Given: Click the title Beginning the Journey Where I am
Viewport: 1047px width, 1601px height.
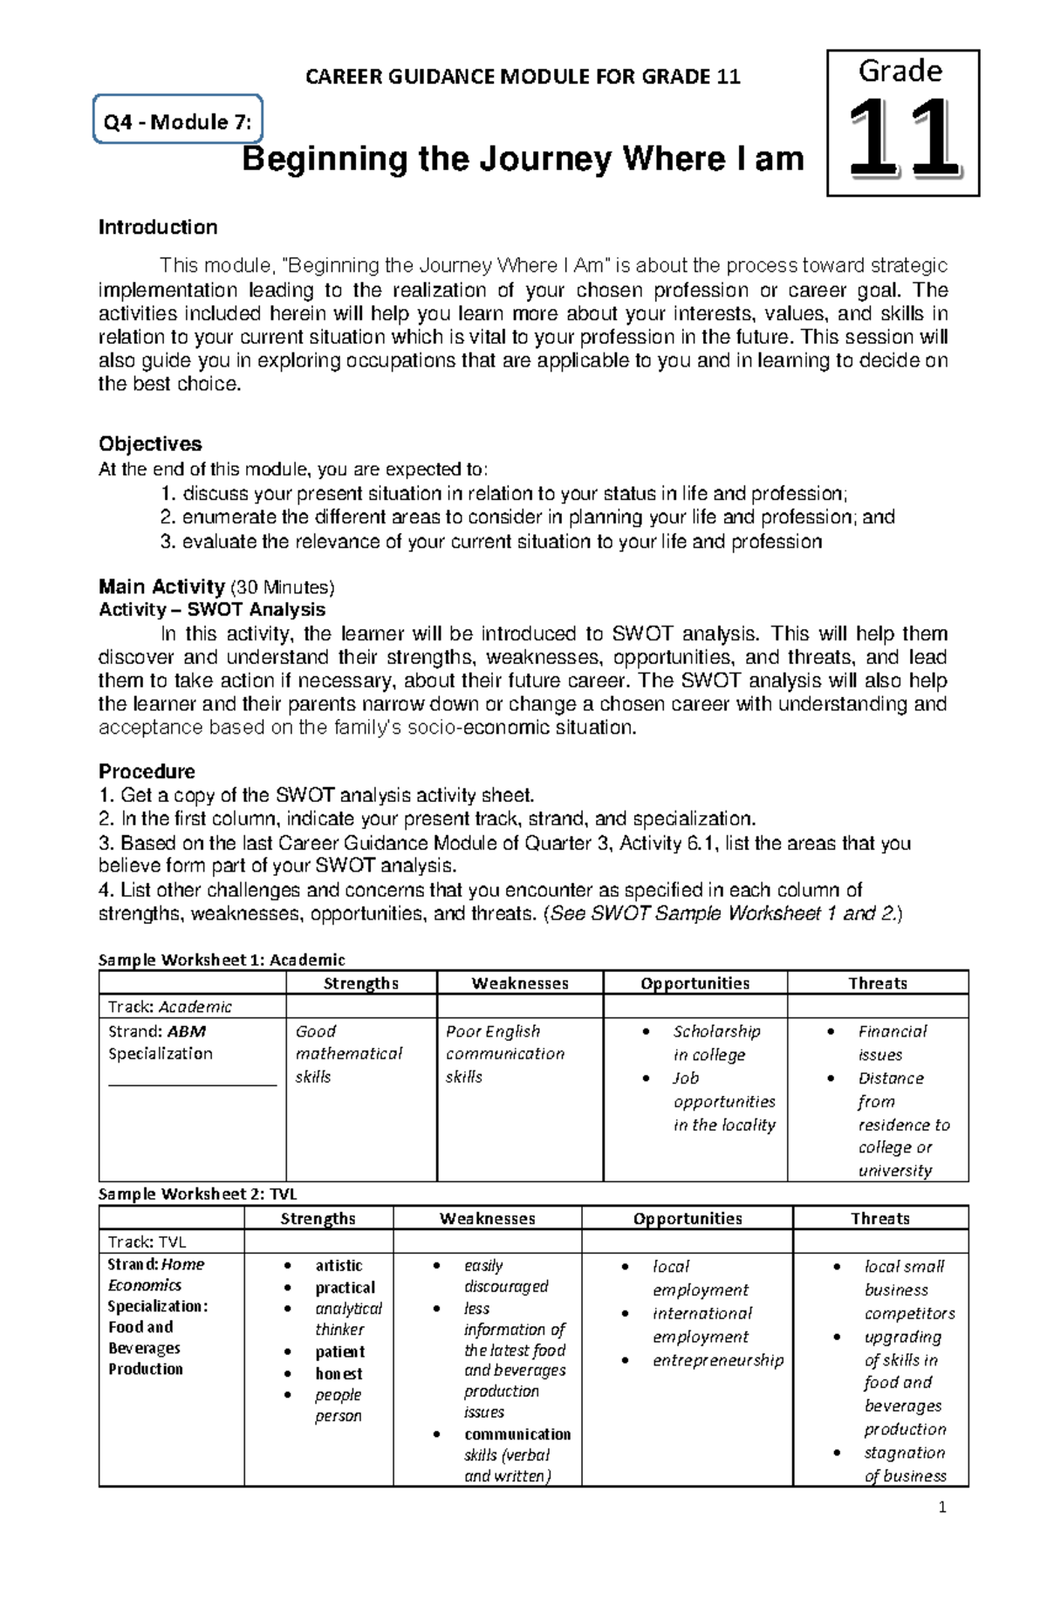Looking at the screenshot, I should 522,160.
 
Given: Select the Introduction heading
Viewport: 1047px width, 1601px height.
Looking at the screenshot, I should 158,228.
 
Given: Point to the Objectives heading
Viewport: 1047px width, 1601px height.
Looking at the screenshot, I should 150,443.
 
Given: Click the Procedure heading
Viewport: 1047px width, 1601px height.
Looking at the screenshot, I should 147,771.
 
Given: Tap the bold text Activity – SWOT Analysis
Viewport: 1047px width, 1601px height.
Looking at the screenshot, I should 212,610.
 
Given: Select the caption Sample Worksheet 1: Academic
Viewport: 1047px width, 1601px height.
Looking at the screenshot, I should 222,960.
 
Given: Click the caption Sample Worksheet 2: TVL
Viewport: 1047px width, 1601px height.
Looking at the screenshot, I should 197,1194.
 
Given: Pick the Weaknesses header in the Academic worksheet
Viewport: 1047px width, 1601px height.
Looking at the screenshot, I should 520,983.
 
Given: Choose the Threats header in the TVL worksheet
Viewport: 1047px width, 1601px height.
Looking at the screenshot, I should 879,1219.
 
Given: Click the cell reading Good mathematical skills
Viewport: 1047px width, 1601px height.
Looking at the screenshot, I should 348,1054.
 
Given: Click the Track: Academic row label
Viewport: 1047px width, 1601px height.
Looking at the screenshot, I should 169,1007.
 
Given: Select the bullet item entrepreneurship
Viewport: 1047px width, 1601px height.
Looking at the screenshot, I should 717,1360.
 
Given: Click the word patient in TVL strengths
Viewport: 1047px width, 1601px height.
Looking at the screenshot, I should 339,1351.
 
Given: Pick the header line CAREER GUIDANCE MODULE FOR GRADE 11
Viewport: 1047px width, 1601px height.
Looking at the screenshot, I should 523,77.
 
